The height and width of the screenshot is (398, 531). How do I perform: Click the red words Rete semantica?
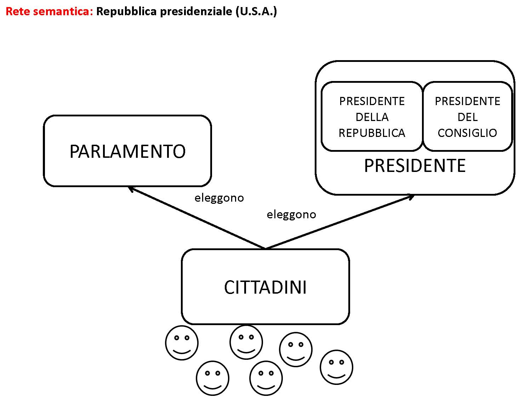pos(49,11)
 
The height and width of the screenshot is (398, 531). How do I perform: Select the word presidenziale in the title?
pos(196,11)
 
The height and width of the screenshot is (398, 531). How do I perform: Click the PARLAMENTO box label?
pos(127,151)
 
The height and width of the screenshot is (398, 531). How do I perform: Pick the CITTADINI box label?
pos(265,287)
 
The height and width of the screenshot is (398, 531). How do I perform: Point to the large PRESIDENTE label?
pos(415,166)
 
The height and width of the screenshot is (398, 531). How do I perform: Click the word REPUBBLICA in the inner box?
pos(372,133)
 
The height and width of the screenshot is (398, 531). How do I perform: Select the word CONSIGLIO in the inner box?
pos(467,133)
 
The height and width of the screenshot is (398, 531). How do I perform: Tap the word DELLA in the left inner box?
pos(372,117)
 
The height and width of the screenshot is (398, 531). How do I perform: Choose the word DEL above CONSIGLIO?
pos(467,117)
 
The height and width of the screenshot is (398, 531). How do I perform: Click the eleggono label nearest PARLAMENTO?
pos(219,198)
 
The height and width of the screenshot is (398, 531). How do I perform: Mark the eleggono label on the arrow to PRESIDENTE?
pos(291,214)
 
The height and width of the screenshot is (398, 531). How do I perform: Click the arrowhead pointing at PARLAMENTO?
pos(130,189)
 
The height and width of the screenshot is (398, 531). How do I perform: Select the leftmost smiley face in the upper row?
pos(182,343)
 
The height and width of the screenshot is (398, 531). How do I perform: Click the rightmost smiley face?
pos(336,367)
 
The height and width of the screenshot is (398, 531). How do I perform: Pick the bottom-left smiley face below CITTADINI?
pos(212,378)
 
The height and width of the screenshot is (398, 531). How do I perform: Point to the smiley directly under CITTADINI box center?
pos(266,378)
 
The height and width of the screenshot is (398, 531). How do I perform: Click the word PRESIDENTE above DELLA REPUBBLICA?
pos(372,101)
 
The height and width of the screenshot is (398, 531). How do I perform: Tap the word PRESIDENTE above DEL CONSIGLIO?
pos(467,101)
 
